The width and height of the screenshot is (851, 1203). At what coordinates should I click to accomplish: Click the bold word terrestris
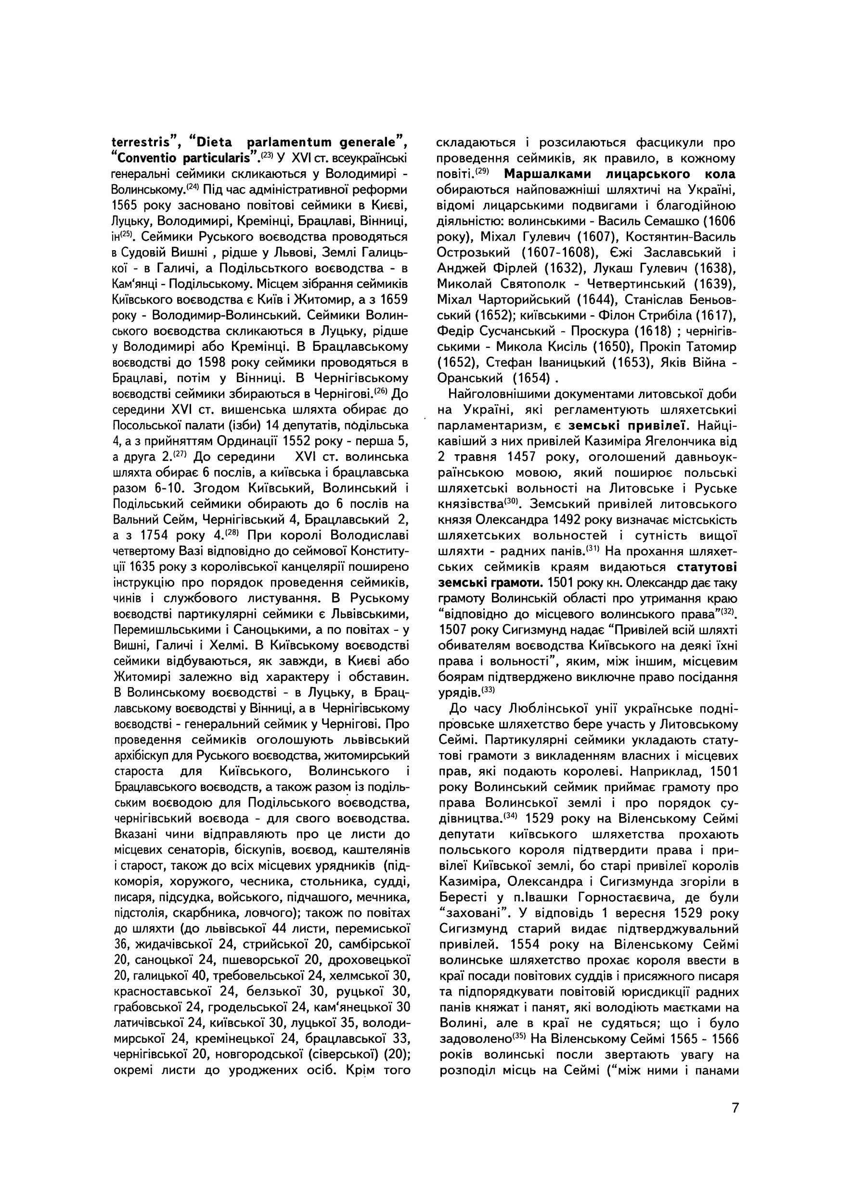143,142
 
